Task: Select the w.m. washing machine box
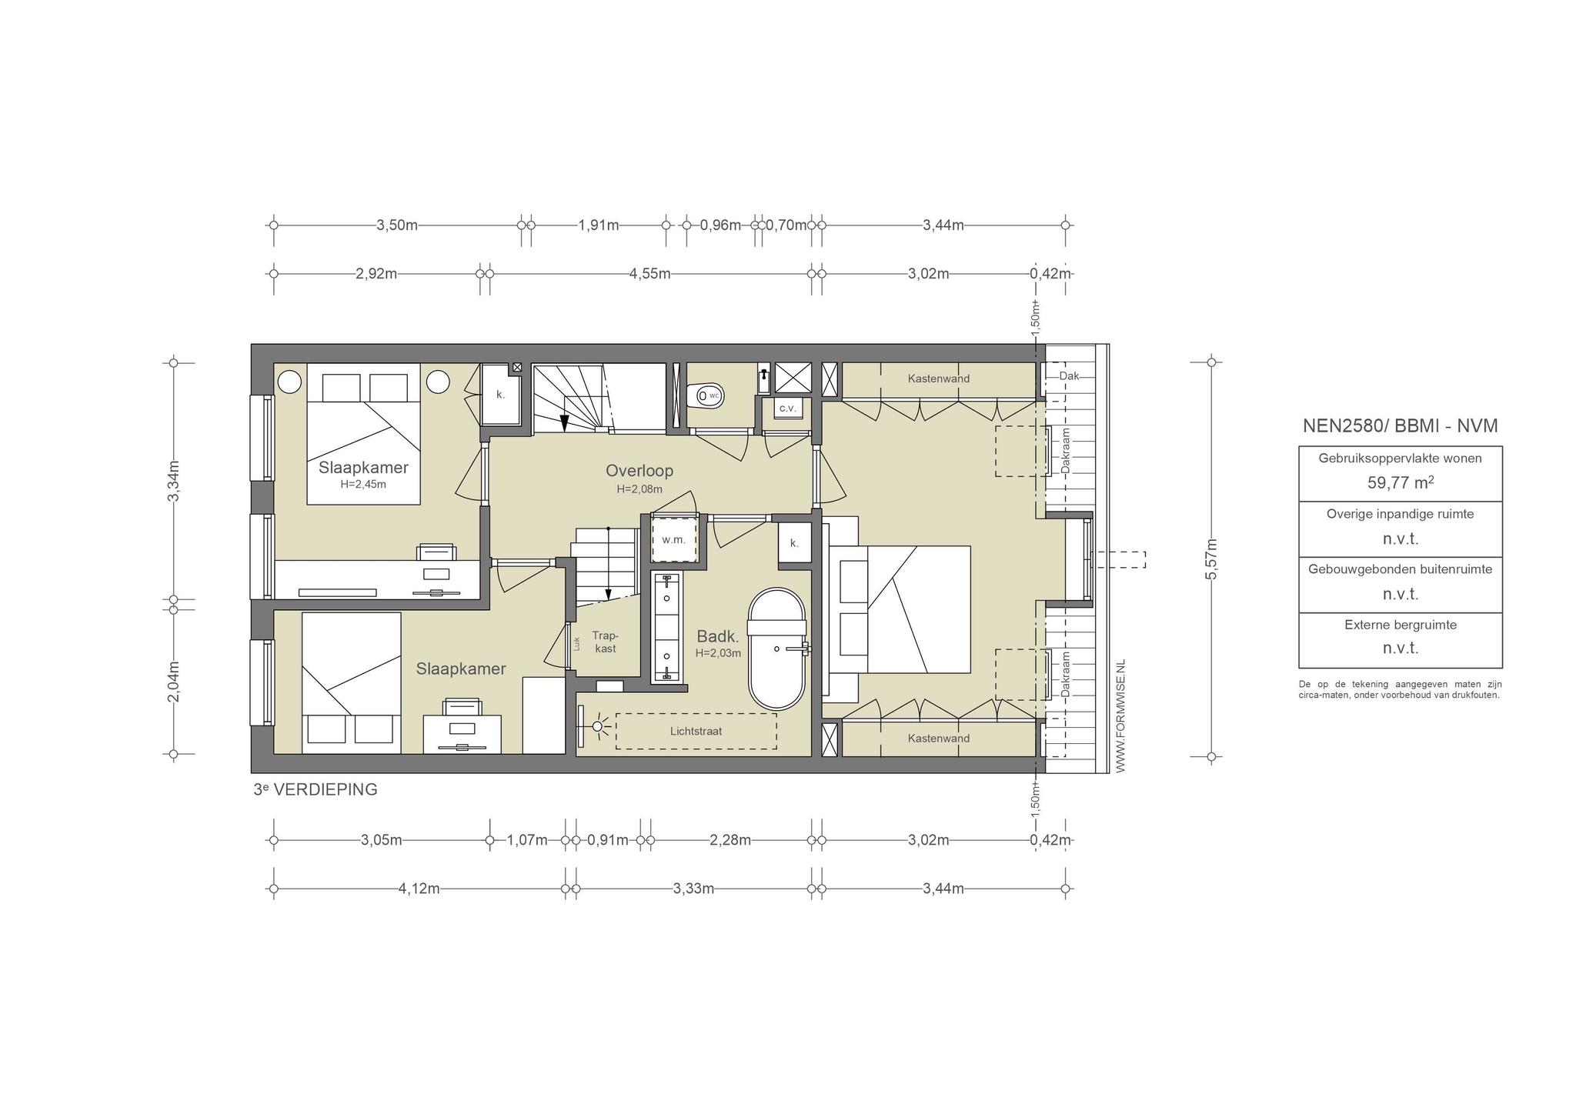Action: pyautogui.click(x=673, y=539)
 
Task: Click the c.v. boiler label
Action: pyautogui.click(x=787, y=408)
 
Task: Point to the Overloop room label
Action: pyautogui.click(x=639, y=470)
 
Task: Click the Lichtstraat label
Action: pyautogui.click(x=696, y=731)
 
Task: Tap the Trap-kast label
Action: pyautogui.click(x=605, y=642)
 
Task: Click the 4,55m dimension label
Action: pyautogui.click(x=649, y=273)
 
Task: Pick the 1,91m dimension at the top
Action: pyautogui.click(x=599, y=225)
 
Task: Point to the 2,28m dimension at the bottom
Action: pyautogui.click(x=730, y=839)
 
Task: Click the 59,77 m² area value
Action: pyautogui.click(x=1400, y=483)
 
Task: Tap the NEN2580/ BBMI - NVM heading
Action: pyautogui.click(x=1400, y=426)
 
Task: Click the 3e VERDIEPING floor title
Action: pyautogui.click(x=316, y=789)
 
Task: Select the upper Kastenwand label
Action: pyautogui.click(x=938, y=379)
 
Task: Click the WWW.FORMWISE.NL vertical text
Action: pyautogui.click(x=1120, y=715)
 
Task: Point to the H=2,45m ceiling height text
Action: pyautogui.click(x=363, y=485)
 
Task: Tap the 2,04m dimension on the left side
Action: pyautogui.click(x=174, y=682)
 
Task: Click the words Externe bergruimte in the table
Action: pyautogui.click(x=1401, y=625)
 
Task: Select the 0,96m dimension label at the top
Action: pyautogui.click(x=720, y=225)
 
